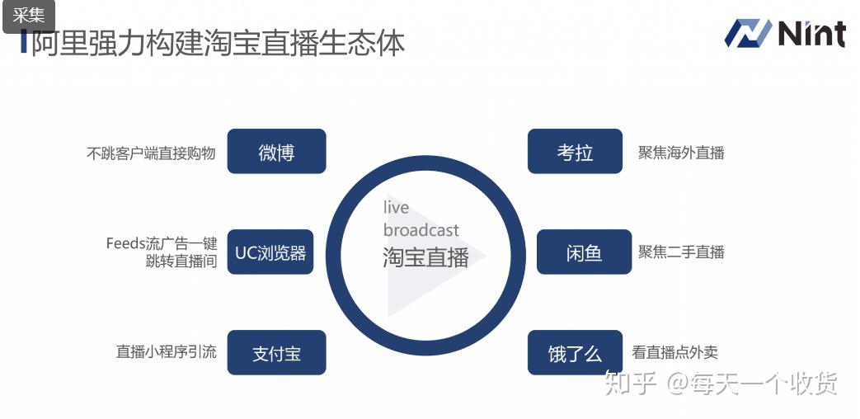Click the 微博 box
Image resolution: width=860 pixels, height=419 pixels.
pos(276,152)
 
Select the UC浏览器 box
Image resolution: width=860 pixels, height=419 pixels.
pos(270,252)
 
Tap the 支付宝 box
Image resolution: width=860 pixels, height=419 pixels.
pos(276,353)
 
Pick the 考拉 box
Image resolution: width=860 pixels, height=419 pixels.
pos(575,152)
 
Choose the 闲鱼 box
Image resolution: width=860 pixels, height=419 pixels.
pos(584,252)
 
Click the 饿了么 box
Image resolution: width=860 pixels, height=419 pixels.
pos(575,353)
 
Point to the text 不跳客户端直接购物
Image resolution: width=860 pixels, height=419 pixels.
pos(151,153)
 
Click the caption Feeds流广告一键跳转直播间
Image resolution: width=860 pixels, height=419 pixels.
pos(162,252)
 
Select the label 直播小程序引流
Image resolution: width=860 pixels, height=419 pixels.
pos(167,352)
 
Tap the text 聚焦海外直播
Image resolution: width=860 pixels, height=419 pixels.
pos(681,153)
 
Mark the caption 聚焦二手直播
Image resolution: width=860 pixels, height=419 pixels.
pos(681,252)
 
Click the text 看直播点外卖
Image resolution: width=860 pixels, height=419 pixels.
pos(674,352)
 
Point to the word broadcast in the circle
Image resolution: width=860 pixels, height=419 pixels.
pos(421,230)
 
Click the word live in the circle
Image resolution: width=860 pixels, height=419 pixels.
pos(396,208)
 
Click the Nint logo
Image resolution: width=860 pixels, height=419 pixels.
pos(785,34)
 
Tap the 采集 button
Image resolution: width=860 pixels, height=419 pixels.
pos(29,15)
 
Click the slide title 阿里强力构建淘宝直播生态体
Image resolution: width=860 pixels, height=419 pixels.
pos(218,43)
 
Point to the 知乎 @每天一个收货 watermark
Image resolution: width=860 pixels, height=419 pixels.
pos(720,383)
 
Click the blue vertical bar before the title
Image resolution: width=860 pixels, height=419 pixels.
pos(24,41)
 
